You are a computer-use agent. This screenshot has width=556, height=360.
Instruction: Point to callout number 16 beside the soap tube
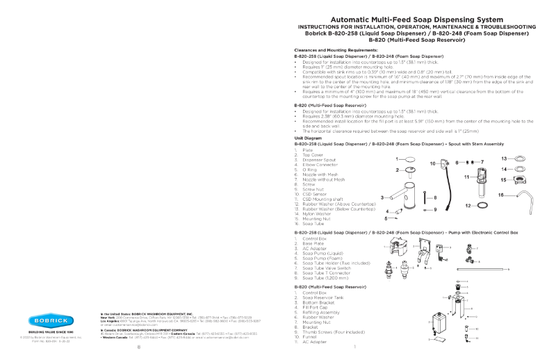pos(501,195)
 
